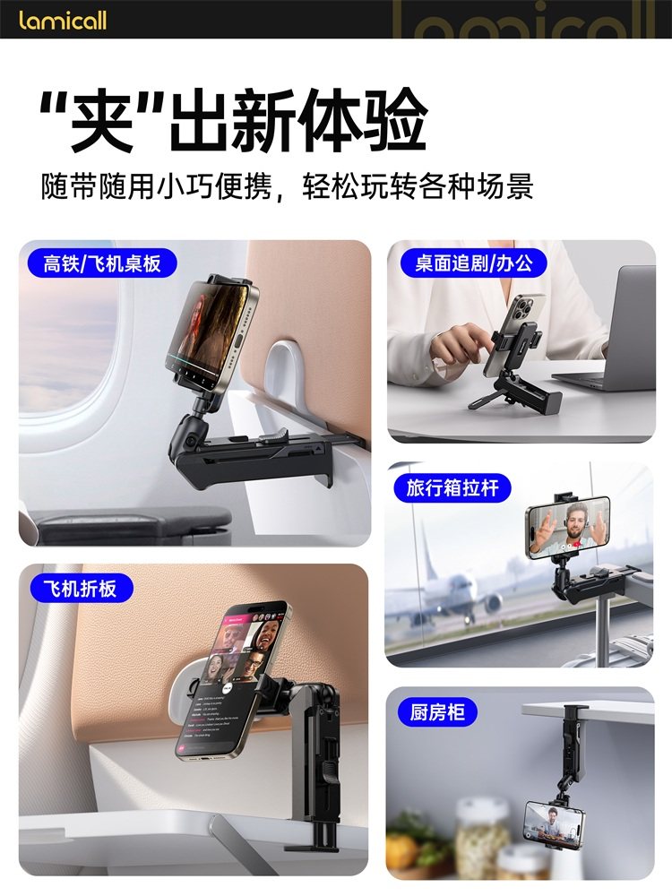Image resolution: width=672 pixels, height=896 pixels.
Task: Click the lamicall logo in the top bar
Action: tap(62, 19)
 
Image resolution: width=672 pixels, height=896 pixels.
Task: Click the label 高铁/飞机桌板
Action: tap(101, 263)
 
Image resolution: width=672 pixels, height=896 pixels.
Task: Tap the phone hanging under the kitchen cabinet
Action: tap(554, 825)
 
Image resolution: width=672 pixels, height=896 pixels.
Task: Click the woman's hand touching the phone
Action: tap(457, 345)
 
